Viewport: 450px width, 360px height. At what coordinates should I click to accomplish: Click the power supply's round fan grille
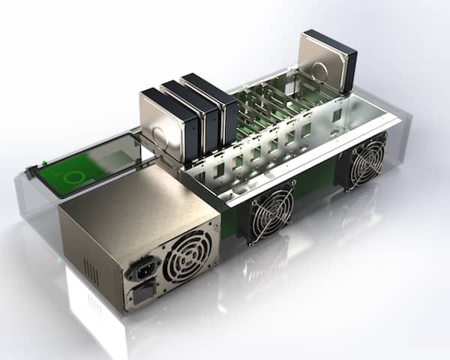tap(187, 256)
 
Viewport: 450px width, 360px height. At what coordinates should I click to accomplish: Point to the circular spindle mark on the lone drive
tap(319, 71)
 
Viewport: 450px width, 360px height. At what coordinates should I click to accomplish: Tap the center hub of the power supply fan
tap(187, 256)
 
